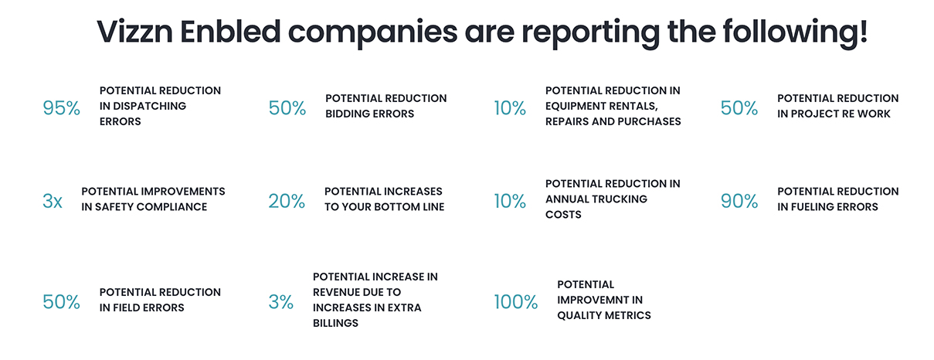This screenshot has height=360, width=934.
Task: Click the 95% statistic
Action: [61, 108]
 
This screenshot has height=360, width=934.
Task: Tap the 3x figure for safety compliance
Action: [52, 201]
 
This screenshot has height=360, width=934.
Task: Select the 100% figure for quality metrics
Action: [516, 301]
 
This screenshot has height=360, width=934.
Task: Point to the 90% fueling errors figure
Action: [739, 201]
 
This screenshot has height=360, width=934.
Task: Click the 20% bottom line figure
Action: [287, 201]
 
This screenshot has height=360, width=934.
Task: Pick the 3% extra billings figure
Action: [281, 301]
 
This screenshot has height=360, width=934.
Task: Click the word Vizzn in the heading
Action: [134, 32]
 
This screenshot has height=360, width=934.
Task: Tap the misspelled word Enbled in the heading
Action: [230, 32]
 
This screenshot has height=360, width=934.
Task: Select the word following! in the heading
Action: [795, 33]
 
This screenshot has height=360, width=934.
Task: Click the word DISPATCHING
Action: [149, 106]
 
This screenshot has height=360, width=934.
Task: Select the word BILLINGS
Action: [335, 323]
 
